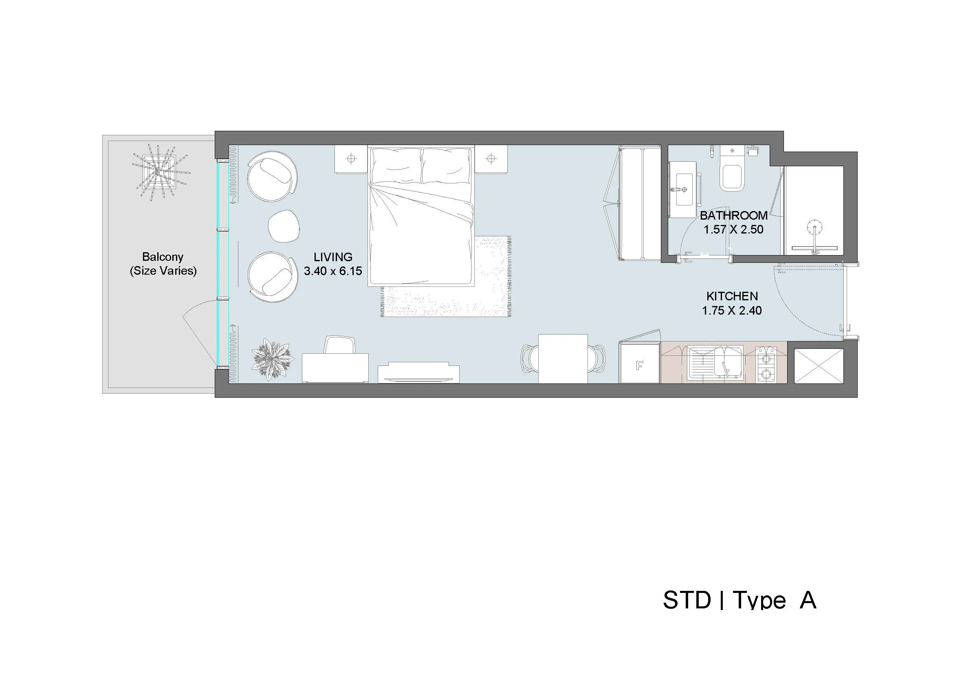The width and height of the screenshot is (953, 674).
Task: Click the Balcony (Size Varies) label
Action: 163,264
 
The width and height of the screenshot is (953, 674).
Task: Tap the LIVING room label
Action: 333,257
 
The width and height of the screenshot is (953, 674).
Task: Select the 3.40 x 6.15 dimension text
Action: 333,271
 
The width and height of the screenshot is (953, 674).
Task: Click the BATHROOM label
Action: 733,216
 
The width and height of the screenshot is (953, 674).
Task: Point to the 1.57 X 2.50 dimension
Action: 733,229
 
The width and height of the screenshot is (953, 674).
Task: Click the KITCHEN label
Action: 732,296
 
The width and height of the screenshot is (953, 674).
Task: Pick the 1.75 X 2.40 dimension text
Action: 732,311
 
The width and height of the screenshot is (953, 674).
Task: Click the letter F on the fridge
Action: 639,366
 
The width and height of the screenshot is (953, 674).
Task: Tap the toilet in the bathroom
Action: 732,175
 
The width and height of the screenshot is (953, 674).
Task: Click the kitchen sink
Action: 715,362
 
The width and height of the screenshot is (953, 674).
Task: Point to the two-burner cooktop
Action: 766,364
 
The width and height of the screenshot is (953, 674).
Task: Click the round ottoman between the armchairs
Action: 284,226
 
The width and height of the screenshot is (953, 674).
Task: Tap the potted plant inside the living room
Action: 273,359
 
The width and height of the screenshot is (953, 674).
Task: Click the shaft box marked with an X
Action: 819,366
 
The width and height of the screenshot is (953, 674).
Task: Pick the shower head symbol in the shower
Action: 815,228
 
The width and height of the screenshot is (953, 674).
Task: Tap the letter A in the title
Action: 808,600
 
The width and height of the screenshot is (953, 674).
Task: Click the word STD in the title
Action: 687,600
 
